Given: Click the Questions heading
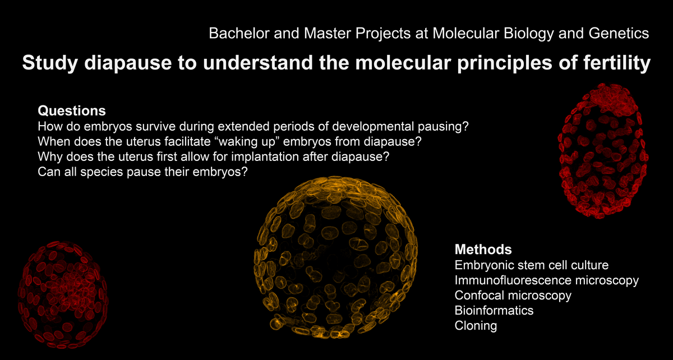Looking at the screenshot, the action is coord(72,111).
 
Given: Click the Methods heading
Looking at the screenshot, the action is coord(483,250).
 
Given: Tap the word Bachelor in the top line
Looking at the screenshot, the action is coord(239,33).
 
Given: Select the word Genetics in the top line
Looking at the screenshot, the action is coord(619,33).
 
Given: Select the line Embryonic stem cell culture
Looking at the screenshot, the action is coord(532,265).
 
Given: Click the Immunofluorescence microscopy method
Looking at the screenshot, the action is coord(546,280).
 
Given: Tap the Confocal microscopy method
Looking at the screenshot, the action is coord(513,296).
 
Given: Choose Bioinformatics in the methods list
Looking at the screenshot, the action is coord(494,311).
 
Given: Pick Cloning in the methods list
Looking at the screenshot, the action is coord(476,326).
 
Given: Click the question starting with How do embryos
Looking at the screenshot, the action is coord(253,127).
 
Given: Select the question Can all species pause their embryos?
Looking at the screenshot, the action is coord(142,172).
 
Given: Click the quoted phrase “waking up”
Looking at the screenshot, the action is coord(247,142).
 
